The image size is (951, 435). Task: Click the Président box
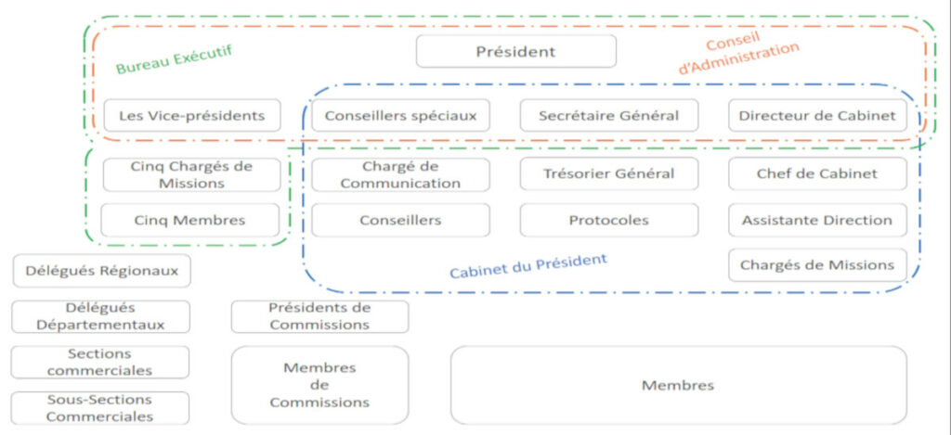(x=516, y=52)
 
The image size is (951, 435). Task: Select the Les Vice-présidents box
(x=192, y=115)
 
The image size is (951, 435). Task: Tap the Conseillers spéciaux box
(x=400, y=115)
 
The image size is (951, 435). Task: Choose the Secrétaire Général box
(x=609, y=115)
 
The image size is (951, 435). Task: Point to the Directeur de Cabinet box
(x=817, y=115)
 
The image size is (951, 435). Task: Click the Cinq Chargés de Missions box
(x=192, y=174)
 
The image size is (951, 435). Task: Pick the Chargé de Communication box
(x=400, y=174)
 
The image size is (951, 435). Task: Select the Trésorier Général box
(x=609, y=174)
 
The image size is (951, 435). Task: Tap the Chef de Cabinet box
(x=817, y=174)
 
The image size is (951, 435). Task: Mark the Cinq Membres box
(x=190, y=220)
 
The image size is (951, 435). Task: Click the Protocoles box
(x=609, y=220)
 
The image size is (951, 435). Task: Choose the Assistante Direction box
(x=817, y=220)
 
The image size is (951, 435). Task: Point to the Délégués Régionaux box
(x=102, y=271)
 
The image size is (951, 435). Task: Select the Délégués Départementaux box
(x=100, y=317)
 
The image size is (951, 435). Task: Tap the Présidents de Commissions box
(x=319, y=317)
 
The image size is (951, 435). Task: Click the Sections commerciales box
(x=100, y=363)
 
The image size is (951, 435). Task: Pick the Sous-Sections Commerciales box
(x=100, y=408)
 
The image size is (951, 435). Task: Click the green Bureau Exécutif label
(x=174, y=59)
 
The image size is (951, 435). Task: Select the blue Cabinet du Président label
(x=528, y=266)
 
